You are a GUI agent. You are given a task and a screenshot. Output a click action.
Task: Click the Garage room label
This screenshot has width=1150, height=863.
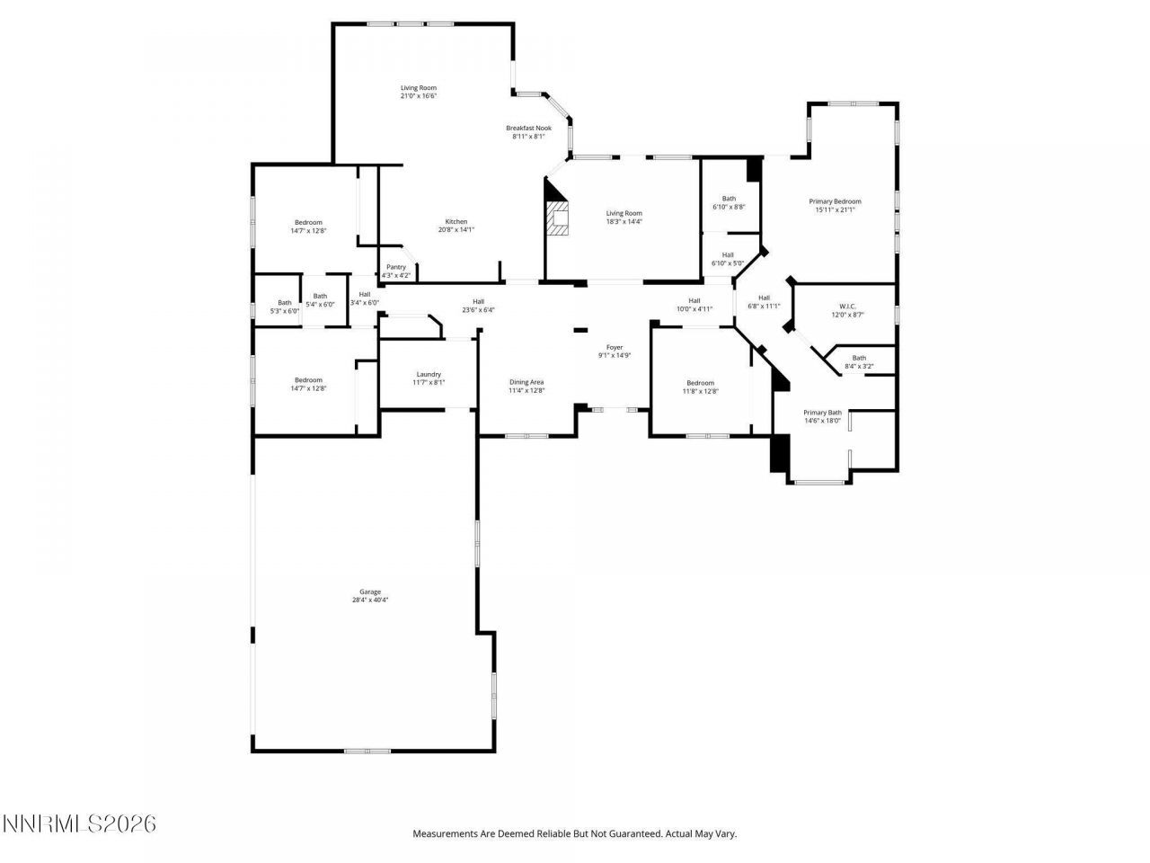(x=370, y=592)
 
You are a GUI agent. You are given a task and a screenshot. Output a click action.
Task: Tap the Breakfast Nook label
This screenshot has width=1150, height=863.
(x=528, y=128)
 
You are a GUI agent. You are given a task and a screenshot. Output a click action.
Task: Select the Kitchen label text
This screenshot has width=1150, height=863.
(x=456, y=222)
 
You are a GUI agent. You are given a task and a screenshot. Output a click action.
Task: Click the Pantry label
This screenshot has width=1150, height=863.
(x=396, y=267)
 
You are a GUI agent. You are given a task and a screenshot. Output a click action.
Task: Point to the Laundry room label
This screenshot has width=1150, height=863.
(x=429, y=374)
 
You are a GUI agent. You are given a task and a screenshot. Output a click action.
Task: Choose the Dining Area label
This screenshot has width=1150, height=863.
(x=526, y=382)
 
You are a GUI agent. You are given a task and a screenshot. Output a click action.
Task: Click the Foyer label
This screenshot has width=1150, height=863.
(x=615, y=347)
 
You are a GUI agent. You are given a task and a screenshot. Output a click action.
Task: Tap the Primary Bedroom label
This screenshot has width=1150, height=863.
(x=835, y=201)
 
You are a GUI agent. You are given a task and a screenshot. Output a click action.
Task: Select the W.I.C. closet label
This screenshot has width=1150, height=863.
(x=846, y=306)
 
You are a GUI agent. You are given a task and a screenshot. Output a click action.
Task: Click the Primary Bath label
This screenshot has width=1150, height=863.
(x=822, y=413)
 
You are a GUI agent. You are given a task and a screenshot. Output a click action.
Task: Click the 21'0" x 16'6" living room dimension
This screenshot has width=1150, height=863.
(x=419, y=96)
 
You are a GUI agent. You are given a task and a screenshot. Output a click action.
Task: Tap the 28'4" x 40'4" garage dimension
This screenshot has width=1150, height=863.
(x=370, y=600)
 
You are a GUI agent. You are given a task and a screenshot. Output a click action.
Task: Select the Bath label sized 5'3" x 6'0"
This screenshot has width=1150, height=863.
(x=285, y=303)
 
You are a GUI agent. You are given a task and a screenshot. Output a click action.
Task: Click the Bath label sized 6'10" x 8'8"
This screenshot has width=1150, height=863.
(x=729, y=199)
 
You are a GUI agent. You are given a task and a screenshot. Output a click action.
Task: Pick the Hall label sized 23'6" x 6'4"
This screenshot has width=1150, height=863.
(x=479, y=302)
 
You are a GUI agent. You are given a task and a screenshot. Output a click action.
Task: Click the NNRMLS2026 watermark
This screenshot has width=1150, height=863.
(x=79, y=823)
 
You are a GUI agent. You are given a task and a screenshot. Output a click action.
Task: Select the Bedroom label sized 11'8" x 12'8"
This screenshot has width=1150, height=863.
(x=700, y=383)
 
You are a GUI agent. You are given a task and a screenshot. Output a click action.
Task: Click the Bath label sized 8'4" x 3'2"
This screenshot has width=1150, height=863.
(x=859, y=358)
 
